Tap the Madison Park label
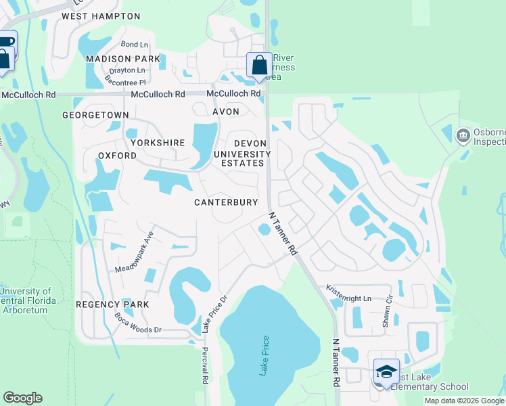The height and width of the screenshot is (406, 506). point(122,59)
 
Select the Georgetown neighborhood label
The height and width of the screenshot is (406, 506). point(95,115)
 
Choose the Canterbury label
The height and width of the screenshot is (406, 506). point(226,202)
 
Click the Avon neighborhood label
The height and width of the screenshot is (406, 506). point(226,112)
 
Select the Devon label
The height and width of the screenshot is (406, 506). point(252,143)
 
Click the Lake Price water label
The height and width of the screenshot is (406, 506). point(264,355)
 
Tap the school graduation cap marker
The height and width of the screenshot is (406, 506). point(386,371)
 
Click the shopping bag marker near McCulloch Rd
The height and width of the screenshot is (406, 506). point(259,66)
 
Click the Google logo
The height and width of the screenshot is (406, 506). point(23,398)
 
